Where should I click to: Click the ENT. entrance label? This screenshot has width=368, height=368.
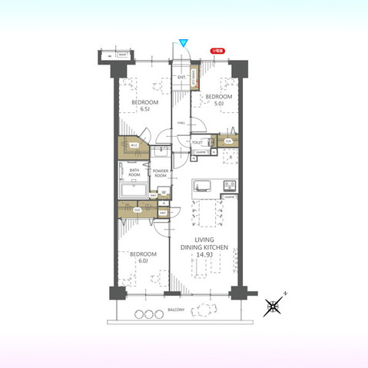(181, 78)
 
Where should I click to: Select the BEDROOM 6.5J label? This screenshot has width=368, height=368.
(144, 105)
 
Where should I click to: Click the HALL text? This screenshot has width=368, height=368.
(181, 123)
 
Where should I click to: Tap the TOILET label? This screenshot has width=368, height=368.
(197, 142)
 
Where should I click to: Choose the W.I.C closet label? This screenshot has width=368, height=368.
(133, 145)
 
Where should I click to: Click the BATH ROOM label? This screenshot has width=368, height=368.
(134, 173)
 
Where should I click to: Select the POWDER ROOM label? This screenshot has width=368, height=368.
(161, 173)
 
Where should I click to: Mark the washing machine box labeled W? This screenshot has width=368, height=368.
(163, 192)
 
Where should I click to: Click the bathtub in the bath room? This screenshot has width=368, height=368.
(132, 190)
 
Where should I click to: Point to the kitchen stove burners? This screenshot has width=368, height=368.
(228, 186)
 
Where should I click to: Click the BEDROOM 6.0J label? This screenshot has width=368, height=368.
(144, 257)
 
